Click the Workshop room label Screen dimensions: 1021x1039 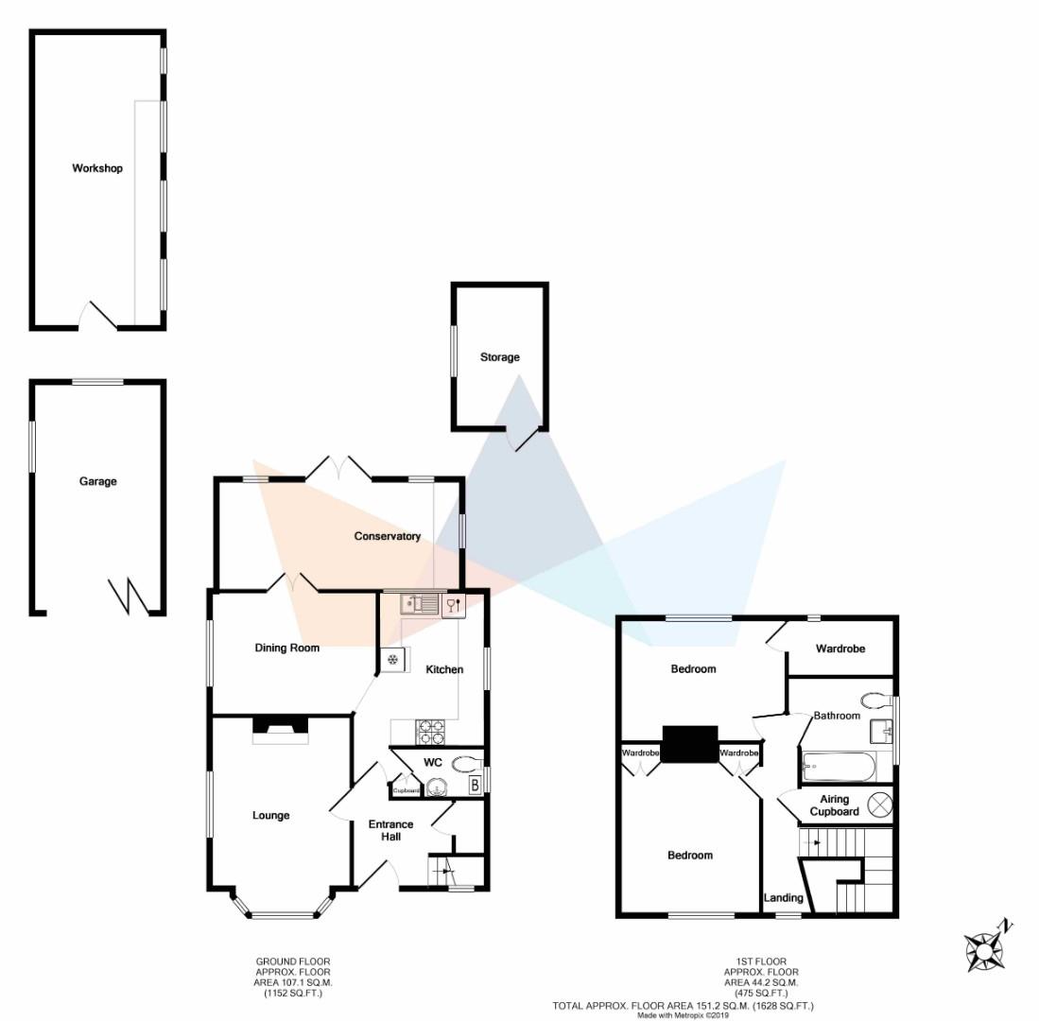point(97,168)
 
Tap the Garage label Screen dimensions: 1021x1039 point(97,481)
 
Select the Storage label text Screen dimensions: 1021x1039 point(499,357)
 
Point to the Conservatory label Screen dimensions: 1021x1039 point(387,536)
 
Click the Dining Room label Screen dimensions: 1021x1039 point(286,648)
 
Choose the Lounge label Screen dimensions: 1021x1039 point(270,815)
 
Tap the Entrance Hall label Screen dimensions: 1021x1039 point(390,830)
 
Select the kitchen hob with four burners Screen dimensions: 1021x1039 point(431,732)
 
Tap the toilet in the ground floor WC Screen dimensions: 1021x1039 point(466,764)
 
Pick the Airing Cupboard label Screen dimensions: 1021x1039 point(834,805)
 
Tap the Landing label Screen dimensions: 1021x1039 point(783,897)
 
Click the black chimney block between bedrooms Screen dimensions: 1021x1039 point(689,744)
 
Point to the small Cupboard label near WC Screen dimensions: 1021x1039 point(407,790)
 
